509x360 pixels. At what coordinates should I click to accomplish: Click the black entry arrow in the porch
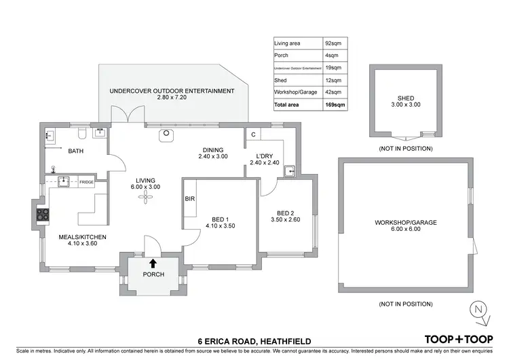(x=152, y=263)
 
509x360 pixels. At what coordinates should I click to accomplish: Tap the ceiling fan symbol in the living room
(x=144, y=197)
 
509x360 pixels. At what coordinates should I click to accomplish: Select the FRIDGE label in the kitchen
(x=86, y=182)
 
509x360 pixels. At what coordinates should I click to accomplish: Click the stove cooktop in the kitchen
(x=43, y=215)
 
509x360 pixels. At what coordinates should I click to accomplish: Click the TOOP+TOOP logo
(x=458, y=338)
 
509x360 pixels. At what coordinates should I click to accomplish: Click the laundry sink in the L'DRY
(x=290, y=170)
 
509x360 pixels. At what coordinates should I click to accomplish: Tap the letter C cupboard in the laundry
(x=252, y=134)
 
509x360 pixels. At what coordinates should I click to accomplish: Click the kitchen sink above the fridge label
(x=64, y=181)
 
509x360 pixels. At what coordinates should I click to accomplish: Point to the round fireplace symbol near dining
(x=165, y=134)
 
